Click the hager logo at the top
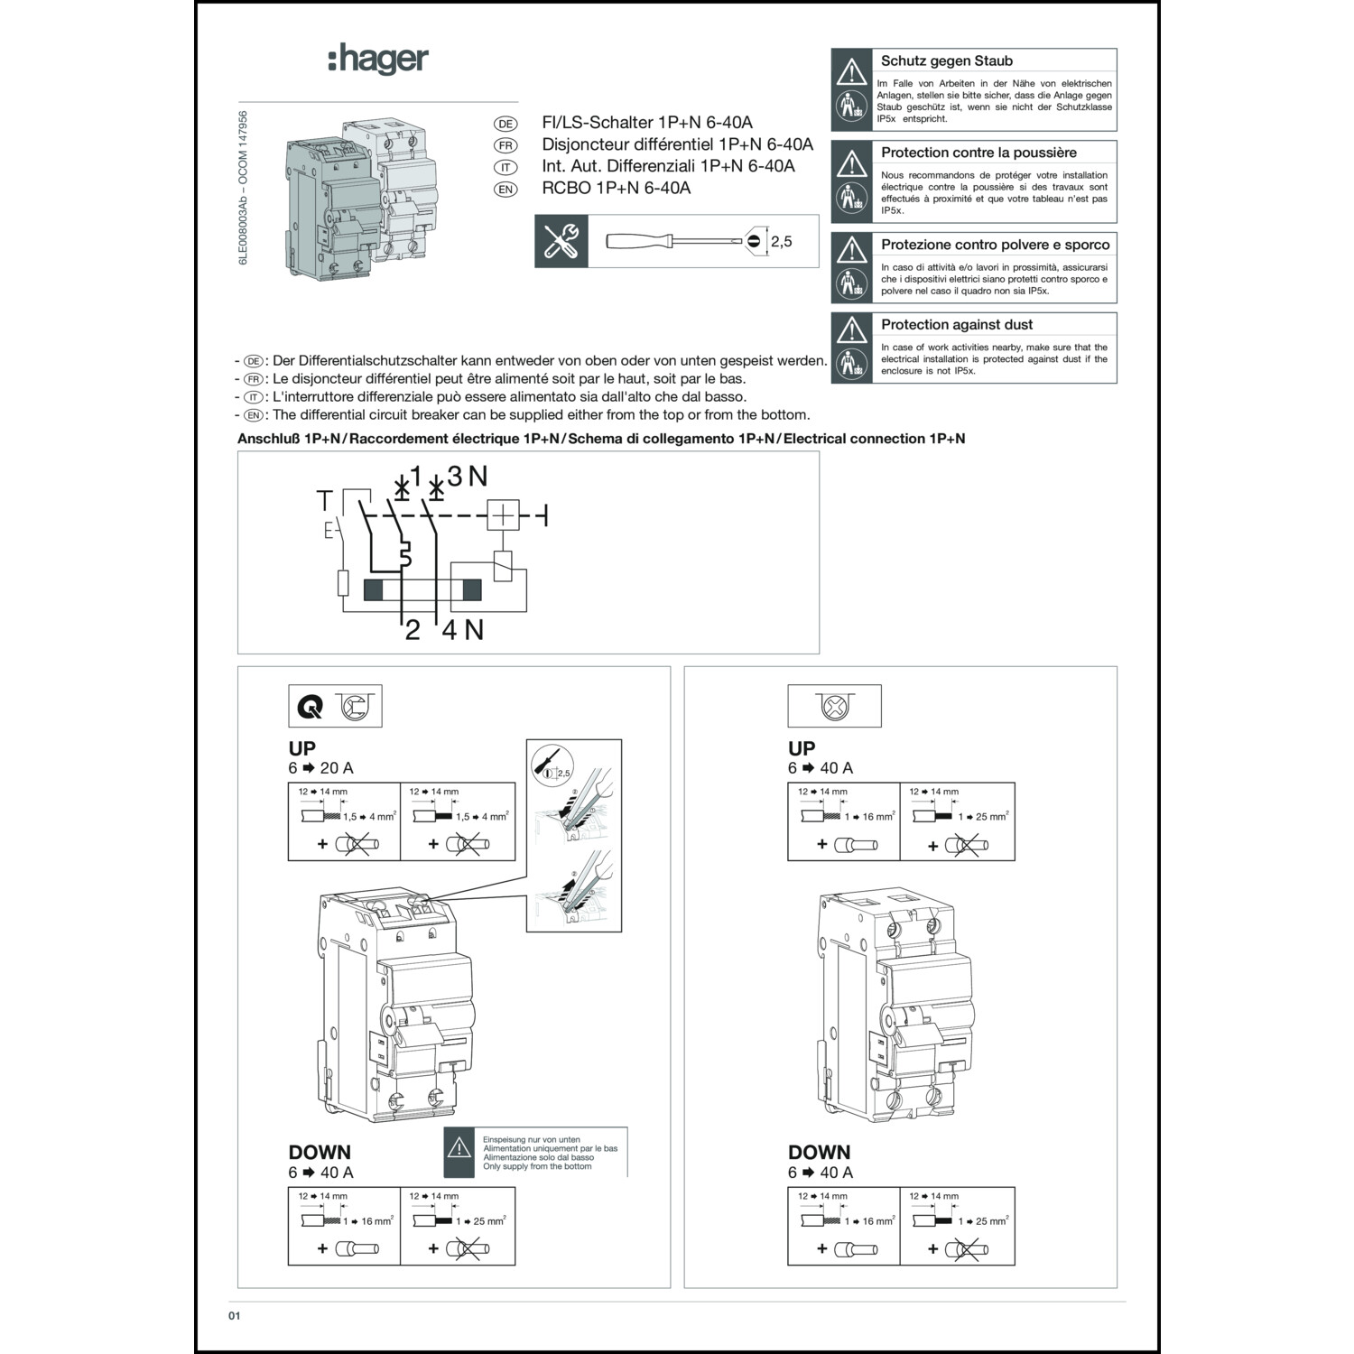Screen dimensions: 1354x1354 pyautogui.click(x=377, y=60)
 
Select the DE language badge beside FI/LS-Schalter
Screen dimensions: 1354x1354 pyautogui.click(x=505, y=124)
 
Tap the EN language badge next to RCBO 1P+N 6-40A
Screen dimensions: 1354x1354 pyautogui.click(x=505, y=189)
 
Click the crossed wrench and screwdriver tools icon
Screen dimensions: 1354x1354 pyautogui.click(x=561, y=241)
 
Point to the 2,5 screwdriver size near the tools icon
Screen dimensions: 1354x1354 pyautogui.click(x=781, y=241)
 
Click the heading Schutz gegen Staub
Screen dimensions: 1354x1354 pyautogui.click(x=946, y=61)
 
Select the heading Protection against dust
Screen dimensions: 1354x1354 pyautogui.click(x=957, y=325)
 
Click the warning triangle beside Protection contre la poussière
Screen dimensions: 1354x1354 pyautogui.click(x=850, y=163)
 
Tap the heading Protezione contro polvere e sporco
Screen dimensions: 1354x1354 pyautogui.click(x=995, y=245)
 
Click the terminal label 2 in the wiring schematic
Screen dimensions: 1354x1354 pyautogui.click(x=413, y=630)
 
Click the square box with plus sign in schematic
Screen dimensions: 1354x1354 pyautogui.click(x=503, y=515)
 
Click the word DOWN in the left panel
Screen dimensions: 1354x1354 pyautogui.click(x=320, y=1152)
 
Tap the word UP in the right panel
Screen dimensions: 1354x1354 pyautogui.click(x=801, y=748)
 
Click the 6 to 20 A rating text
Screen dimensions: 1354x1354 pyautogui.click(x=320, y=768)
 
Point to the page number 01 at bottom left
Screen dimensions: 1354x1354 pyautogui.click(x=234, y=1316)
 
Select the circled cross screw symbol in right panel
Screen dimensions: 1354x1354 pyautogui.click(x=833, y=707)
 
